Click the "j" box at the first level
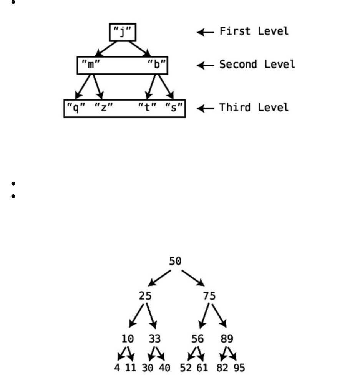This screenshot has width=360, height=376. tap(123, 32)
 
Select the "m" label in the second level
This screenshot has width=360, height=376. tap(91, 64)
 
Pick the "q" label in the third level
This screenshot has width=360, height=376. tap(76, 108)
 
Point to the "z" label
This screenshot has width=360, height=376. tap(103, 108)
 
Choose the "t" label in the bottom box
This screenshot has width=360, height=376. tap(147, 108)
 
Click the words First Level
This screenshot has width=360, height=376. tap(254, 31)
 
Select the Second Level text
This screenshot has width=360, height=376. tap(257, 64)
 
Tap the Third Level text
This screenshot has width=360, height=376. tap(254, 108)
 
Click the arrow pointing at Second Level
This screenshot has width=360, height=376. tap(205, 65)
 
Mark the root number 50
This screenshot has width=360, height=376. tap(175, 262)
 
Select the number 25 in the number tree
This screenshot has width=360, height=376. tap(145, 296)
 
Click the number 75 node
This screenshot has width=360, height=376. tap(209, 296)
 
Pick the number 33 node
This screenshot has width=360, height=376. tap(155, 339)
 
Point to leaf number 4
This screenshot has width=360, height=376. tap(117, 368)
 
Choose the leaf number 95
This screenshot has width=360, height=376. tap(239, 368)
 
